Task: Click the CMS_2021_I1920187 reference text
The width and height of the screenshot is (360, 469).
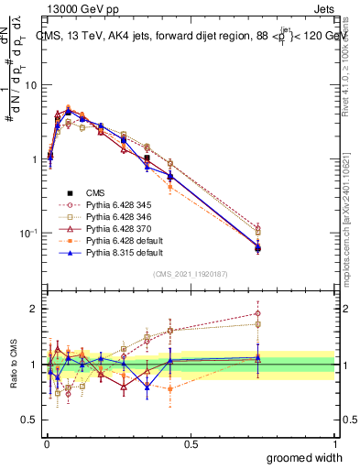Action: point(190,274)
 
